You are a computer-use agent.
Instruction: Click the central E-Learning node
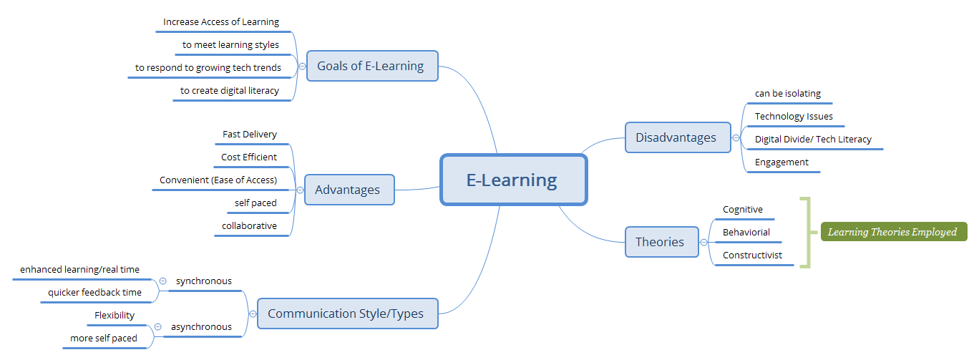point(513,180)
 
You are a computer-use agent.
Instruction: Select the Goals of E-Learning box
point(371,66)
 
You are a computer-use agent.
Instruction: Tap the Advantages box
point(349,190)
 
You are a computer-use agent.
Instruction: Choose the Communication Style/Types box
point(347,313)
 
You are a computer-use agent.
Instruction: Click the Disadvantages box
point(677,137)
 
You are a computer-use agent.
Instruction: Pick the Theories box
point(661,242)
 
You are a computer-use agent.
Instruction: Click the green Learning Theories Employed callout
point(892,232)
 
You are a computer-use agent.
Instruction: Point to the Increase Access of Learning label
point(221,22)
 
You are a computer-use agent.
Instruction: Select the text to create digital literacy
point(230,91)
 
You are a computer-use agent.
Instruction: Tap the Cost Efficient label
point(249,157)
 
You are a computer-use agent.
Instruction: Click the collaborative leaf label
point(249,225)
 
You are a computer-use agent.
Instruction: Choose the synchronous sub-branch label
point(204,281)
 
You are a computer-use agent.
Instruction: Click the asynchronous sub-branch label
point(201,327)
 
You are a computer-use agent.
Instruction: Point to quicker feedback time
point(94,293)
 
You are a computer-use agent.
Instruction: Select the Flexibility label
point(115,316)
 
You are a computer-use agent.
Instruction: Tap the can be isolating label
point(788,94)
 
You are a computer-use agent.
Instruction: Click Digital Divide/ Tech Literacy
point(813,140)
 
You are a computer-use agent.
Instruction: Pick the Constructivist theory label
point(752,256)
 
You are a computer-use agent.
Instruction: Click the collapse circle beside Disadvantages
point(736,138)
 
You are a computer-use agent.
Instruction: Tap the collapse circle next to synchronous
point(163,281)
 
